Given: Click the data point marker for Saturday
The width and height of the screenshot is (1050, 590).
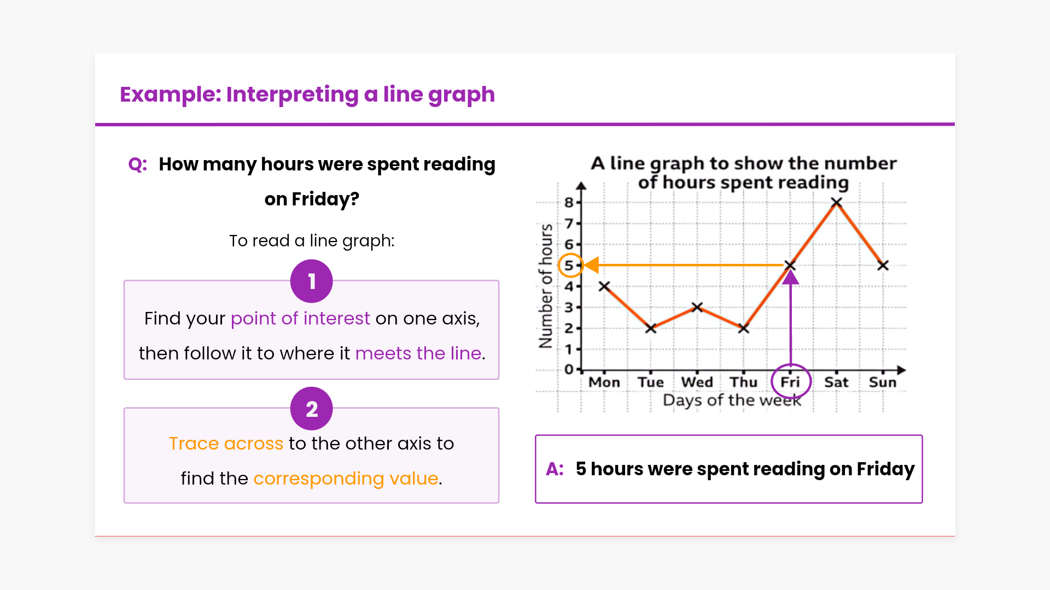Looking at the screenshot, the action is click(836, 203).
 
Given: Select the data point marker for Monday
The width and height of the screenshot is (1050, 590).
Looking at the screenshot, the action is click(604, 286).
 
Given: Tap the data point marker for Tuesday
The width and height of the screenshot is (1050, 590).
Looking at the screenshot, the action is click(651, 328).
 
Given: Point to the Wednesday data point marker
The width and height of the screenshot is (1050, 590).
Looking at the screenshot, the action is click(697, 307).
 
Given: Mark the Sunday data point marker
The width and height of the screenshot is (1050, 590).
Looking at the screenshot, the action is click(883, 265).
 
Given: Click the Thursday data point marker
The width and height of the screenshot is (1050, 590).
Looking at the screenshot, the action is click(743, 328).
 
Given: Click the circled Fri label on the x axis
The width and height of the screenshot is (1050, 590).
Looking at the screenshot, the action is click(790, 382).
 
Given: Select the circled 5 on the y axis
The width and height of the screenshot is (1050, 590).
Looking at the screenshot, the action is click(570, 265).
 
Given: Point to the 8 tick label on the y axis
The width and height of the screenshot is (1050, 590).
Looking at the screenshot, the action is click(569, 203).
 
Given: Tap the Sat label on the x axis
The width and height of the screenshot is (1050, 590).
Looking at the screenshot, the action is click(836, 382).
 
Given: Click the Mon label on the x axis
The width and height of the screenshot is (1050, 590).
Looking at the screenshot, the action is click(604, 382).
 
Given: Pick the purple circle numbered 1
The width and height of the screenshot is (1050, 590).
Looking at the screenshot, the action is click(312, 281).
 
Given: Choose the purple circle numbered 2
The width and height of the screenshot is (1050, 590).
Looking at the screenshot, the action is click(312, 409).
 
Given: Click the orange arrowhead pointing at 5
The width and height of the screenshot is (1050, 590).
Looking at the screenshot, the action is click(591, 265).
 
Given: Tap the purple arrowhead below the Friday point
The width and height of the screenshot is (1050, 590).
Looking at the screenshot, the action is click(790, 278).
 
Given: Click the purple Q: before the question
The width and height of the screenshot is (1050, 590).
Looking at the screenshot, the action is click(137, 164).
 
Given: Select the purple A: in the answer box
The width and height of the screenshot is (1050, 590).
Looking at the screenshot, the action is click(555, 469).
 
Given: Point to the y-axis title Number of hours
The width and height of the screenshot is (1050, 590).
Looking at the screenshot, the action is click(545, 286).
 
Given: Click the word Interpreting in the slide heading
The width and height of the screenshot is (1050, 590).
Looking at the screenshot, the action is click(292, 95).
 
